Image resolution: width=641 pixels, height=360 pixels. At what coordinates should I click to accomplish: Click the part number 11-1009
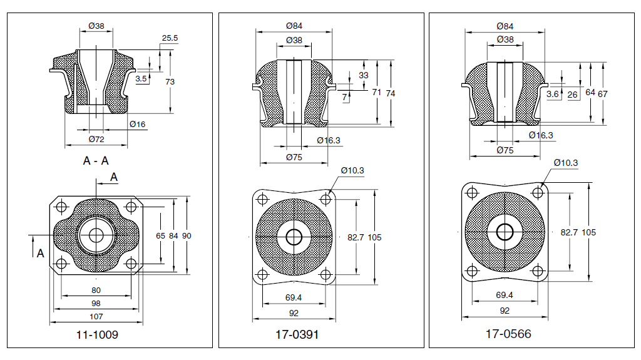pos(96,334)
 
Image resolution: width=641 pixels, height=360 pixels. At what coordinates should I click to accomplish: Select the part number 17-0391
pos(297,334)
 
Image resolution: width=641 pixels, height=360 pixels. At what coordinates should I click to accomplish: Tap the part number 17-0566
pos(508,334)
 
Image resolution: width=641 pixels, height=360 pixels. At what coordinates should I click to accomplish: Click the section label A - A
pos(96,161)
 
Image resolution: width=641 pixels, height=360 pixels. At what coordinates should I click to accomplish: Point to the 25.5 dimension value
pos(170,38)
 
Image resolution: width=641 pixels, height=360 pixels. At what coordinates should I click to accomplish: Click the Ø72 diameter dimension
pos(96,138)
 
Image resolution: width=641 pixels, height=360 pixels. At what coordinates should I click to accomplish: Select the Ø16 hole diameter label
pos(138,125)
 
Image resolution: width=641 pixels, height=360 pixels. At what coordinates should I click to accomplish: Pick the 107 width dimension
pos(96,317)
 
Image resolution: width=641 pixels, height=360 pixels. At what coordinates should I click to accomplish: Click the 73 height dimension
pos(170,81)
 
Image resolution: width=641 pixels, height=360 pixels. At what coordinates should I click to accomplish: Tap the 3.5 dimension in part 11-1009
pos(141,79)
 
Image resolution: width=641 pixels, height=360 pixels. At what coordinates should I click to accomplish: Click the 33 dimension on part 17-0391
pos(364,75)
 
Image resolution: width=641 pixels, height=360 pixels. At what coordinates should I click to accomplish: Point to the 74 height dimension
pos(391,93)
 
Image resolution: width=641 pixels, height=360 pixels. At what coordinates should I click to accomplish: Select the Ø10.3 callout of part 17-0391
pos(353,170)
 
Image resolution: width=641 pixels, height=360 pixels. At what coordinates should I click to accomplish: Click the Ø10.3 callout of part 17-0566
pos(565,163)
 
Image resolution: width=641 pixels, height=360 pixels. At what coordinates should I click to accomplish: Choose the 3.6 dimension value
pos(552,94)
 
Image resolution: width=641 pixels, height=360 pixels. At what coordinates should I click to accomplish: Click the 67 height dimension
pos(603,93)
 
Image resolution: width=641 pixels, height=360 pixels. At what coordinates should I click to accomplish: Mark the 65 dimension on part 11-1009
pos(161,235)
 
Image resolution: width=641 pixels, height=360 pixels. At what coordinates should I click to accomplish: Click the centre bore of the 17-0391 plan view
pos(294,237)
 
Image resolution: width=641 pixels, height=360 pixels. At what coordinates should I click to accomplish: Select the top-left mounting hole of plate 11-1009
pos(62,207)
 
